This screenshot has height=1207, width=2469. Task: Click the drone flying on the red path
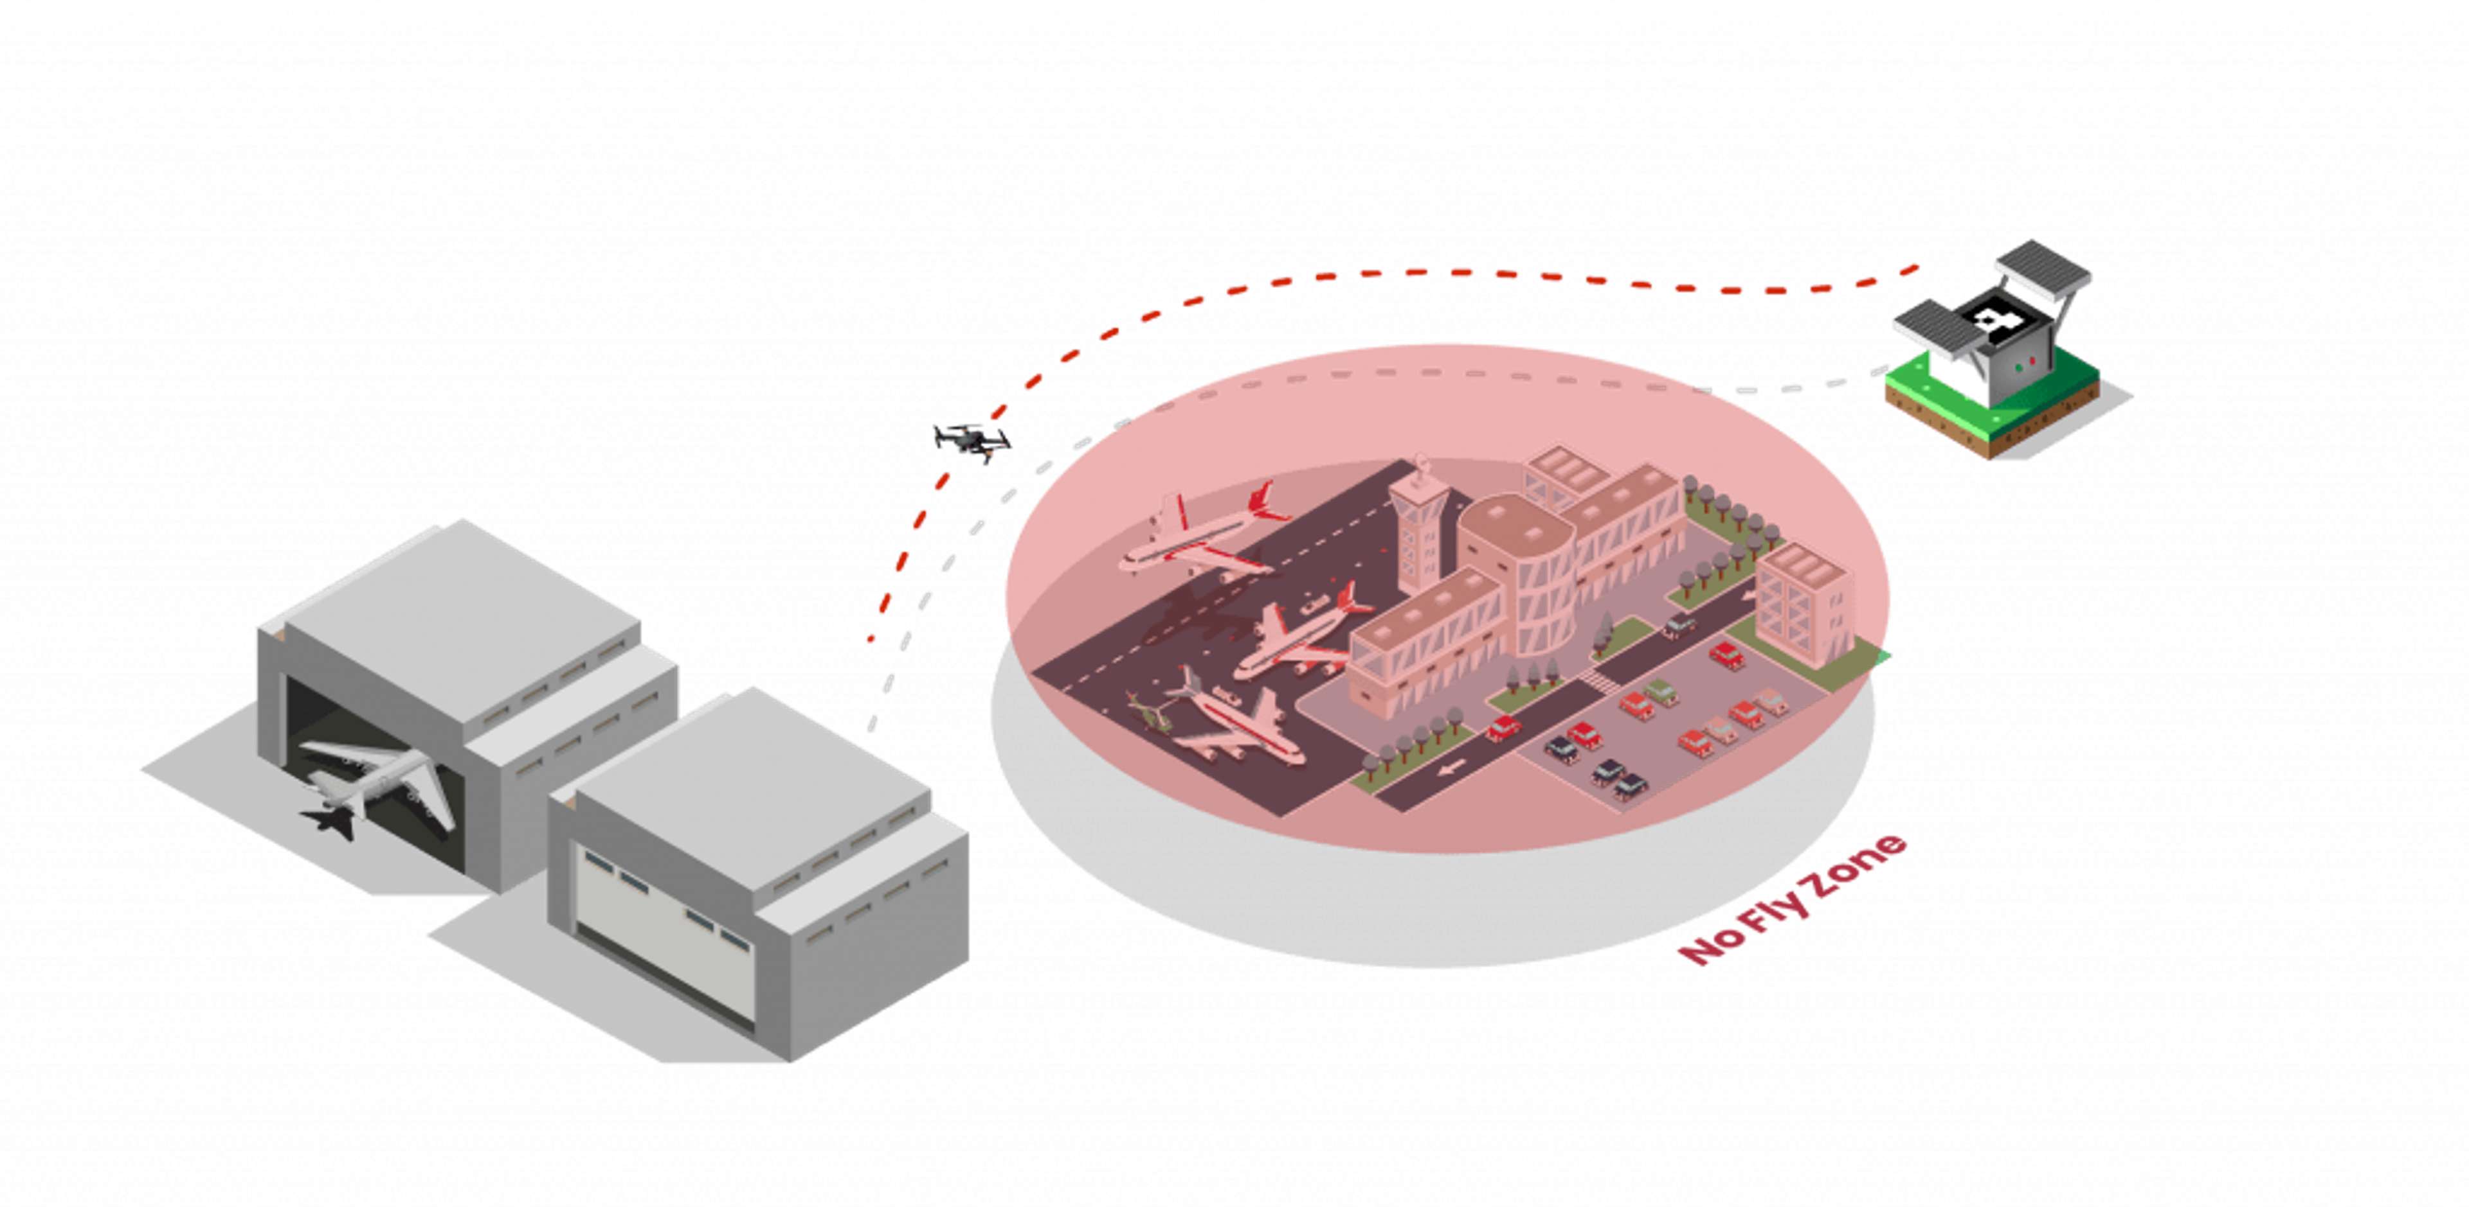click(x=972, y=441)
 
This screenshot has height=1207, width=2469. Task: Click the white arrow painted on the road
click(x=1451, y=768)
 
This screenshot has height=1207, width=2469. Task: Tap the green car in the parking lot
click(x=1659, y=692)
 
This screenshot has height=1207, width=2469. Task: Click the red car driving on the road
click(x=1504, y=728)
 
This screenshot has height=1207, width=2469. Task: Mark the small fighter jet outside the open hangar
click(x=330, y=821)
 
